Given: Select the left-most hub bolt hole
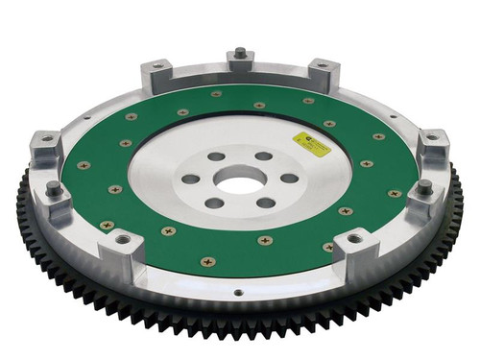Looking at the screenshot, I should tap(191, 179).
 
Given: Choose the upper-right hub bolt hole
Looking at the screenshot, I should tap(263, 156).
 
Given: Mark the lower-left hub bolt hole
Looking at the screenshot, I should tap(216, 202).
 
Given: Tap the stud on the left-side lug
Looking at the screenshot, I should tap(54, 187).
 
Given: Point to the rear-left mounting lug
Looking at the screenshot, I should tap(156, 72).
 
